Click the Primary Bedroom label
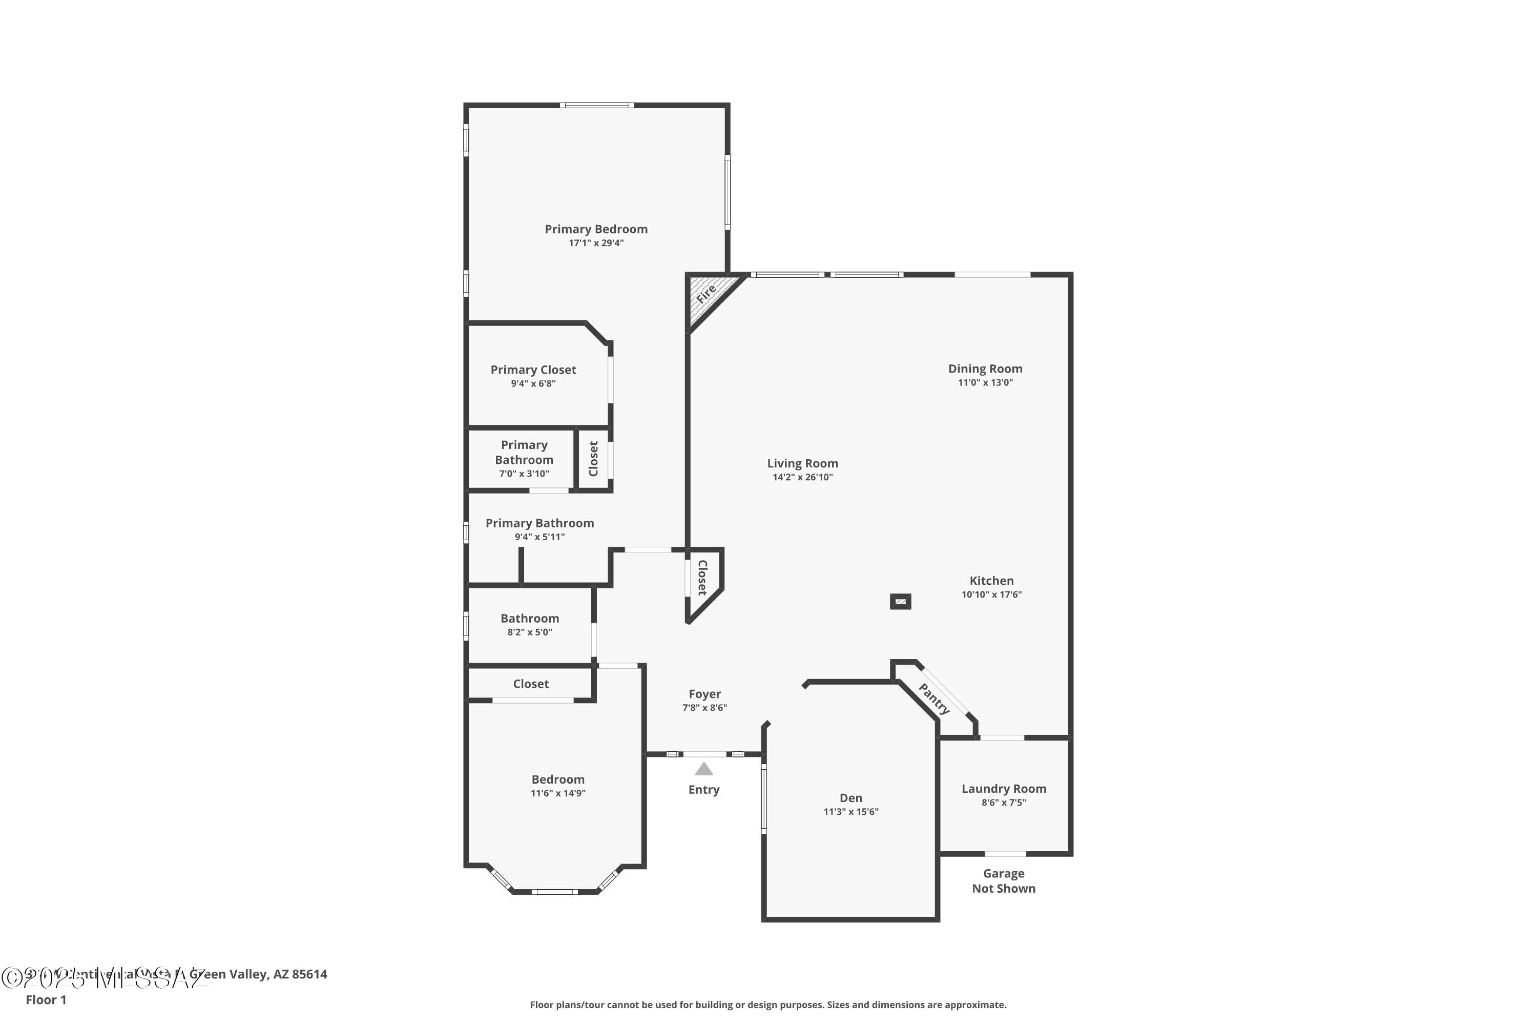click(596, 229)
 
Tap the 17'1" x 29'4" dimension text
click(596, 243)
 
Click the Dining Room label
click(985, 368)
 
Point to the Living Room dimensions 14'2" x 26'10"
click(802, 477)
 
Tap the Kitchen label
click(991, 581)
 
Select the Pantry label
click(934, 699)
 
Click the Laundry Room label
click(1003, 788)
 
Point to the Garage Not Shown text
click(1003, 880)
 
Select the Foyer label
click(704, 693)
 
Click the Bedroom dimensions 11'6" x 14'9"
click(557, 793)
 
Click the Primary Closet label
click(533, 370)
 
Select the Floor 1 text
click(46, 999)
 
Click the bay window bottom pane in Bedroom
click(554, 892)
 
